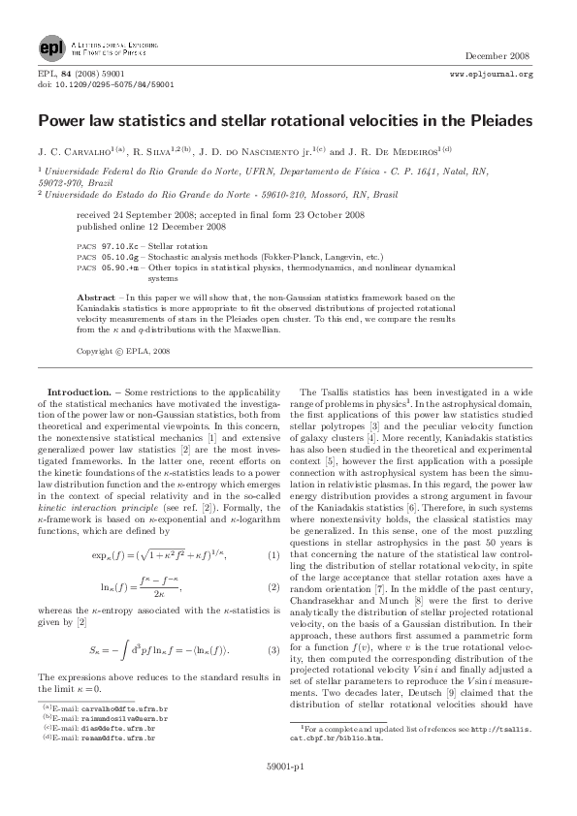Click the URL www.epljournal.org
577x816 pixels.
point(493,74)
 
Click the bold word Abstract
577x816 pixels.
point(97,297)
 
